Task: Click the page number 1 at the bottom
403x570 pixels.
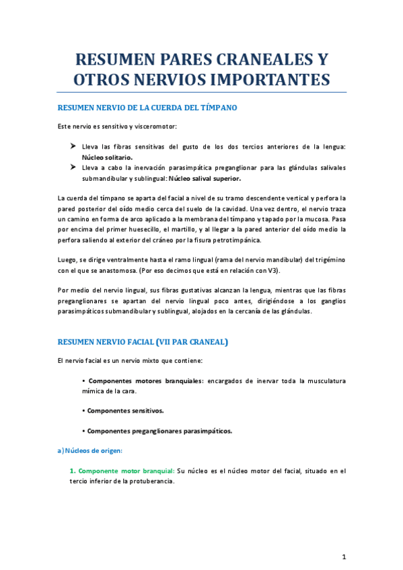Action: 344,557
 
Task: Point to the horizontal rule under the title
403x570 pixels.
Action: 201,92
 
